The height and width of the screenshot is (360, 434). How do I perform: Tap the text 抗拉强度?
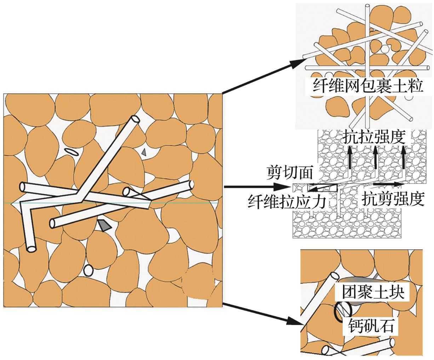point(374,136)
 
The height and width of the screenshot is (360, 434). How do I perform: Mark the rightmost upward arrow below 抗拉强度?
point(403,159)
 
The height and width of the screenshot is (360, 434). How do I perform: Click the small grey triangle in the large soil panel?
point(144,152)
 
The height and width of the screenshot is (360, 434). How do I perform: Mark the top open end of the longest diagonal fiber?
point(135,120)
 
